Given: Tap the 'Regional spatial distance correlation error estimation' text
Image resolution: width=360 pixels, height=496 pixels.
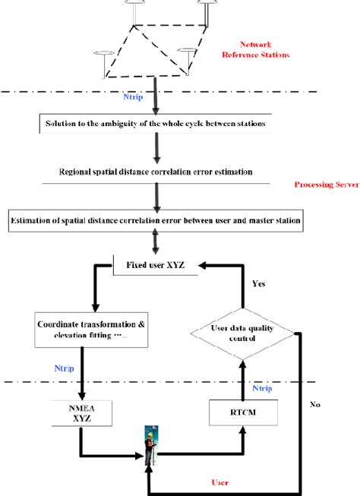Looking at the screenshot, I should pyautogui.click(x=155, y=172).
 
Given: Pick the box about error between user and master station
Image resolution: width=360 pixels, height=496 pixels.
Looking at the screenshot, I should pyautogui.click(x=155, y=221).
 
